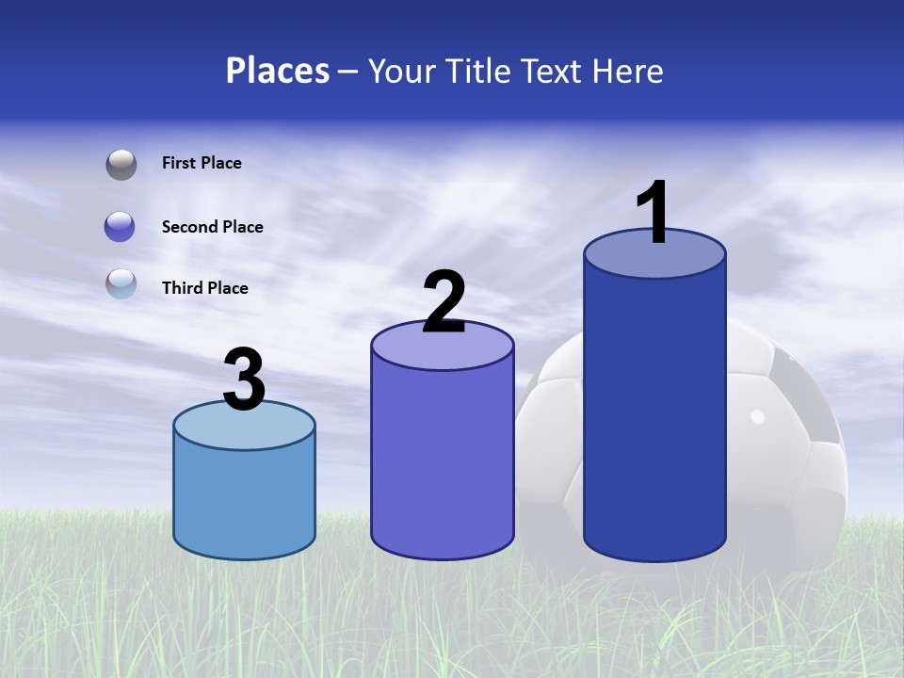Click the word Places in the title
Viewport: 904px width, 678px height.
278,71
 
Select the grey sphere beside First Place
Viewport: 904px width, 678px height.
121,165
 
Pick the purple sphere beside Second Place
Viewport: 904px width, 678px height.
121,227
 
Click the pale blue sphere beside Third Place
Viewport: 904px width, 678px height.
121,283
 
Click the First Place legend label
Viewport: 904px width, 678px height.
202,163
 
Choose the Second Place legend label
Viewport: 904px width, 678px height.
212,227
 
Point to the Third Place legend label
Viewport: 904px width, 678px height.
204,288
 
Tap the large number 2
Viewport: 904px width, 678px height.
444,302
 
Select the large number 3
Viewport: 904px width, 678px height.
245,380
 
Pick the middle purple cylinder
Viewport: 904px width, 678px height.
443,461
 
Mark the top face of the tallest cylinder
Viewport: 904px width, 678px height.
654,254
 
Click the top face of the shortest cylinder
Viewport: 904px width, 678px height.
245,427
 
